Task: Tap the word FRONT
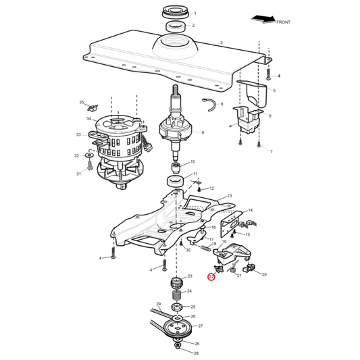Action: (x=284, y=22)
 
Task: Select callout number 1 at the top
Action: (x=195, y=14)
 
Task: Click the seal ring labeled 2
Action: (x=174, y=26)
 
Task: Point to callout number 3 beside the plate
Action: (x=221, y=43)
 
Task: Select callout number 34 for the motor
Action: (x=88, y=119)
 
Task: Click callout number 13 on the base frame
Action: (x=229, y=195)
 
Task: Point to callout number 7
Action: (x=271, y=152)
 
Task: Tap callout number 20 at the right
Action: (x=264, y=274)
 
